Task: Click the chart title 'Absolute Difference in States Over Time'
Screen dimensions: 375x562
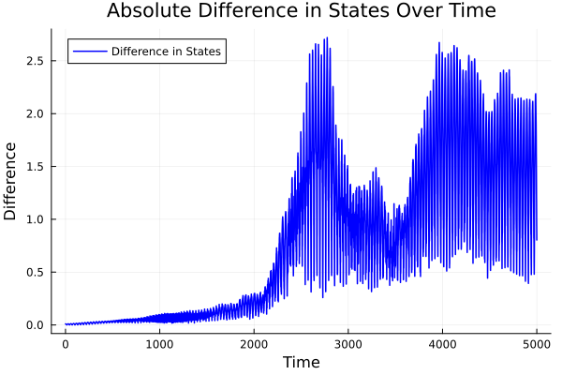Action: (301, 11)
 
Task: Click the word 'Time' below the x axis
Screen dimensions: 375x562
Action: (301, 362)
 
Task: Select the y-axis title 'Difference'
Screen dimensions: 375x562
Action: (11, 181)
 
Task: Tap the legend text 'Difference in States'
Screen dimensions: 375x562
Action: (166, 52)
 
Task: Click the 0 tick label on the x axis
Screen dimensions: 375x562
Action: (66, 344)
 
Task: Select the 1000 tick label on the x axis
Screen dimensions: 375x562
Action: (159, 344)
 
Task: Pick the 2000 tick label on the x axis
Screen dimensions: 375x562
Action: (254, 344)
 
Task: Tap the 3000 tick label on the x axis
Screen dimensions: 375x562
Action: (348, 344)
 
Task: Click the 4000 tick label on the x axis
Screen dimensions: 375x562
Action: (442, 344)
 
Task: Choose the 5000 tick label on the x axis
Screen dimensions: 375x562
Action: (536, 344)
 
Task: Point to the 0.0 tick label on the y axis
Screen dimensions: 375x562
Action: (35, 325)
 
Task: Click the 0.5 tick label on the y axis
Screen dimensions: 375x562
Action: (35, 273)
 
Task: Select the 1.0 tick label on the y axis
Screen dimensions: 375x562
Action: (35, 219)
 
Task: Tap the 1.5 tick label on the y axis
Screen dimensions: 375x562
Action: (35, 167)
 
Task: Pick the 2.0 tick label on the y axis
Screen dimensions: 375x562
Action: (35, 113)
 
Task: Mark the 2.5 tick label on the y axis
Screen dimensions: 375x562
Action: (35, 61)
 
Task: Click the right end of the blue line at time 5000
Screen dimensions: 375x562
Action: (537, 240)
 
